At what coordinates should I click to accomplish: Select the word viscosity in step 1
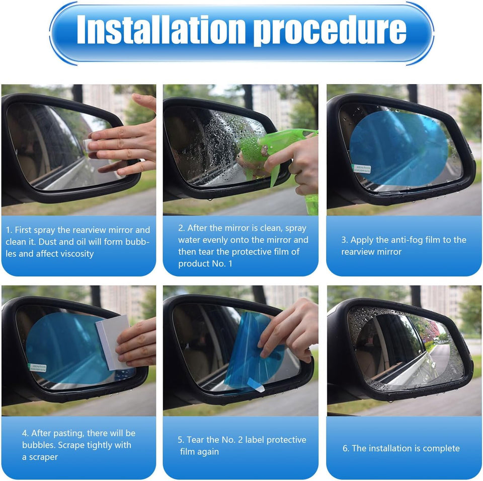pos(75,254)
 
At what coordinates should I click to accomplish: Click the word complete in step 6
pos(441,448)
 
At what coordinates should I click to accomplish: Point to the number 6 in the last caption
pos(346,448)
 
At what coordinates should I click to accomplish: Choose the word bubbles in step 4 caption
pos(37,445)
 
